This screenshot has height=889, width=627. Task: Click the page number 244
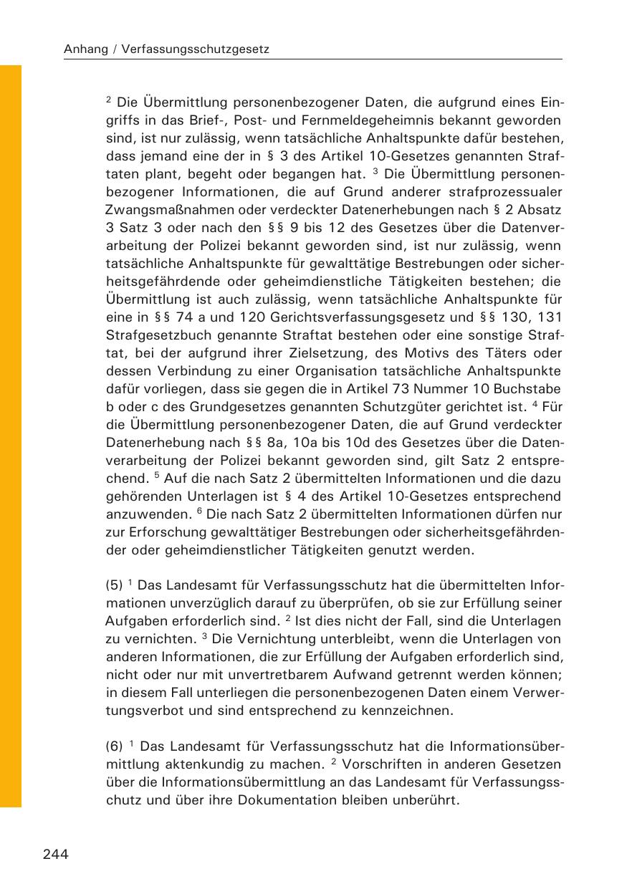(x=55, y=854)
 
